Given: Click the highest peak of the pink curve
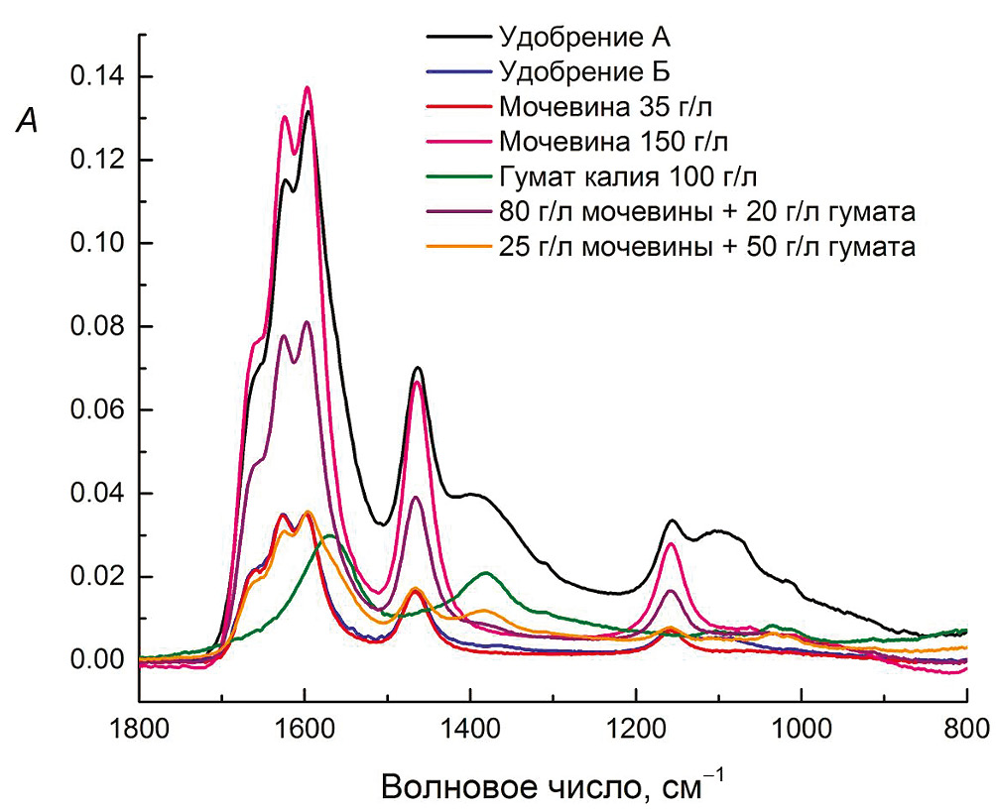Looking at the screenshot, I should pos(308,88).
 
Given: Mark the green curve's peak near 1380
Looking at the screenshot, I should pos(486,573).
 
